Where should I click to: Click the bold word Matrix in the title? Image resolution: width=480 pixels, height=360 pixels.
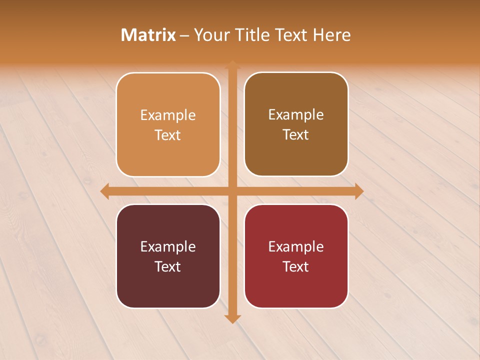(x=148, y=35)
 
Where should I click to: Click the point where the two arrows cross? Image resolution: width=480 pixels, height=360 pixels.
(x=232, y=191)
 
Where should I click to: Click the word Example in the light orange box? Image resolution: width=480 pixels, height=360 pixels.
(x=168, y=115)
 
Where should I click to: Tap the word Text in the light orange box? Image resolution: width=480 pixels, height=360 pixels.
(x=168, y=135)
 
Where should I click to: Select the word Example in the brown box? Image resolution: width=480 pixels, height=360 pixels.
(x=296, y=115)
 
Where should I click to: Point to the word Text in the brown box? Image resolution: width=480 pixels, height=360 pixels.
(x=296, y=135)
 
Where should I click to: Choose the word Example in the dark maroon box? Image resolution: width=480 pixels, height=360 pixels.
(x=168, y=247)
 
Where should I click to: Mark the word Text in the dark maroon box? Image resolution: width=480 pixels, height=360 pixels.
(x=168, y=267)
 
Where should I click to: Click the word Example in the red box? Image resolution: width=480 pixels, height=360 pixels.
(x=296, y=247)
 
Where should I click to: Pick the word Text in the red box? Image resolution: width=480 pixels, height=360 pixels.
(x=296, y=267)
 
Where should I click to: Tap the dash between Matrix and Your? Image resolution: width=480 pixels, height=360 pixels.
(x=185, y=35)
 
